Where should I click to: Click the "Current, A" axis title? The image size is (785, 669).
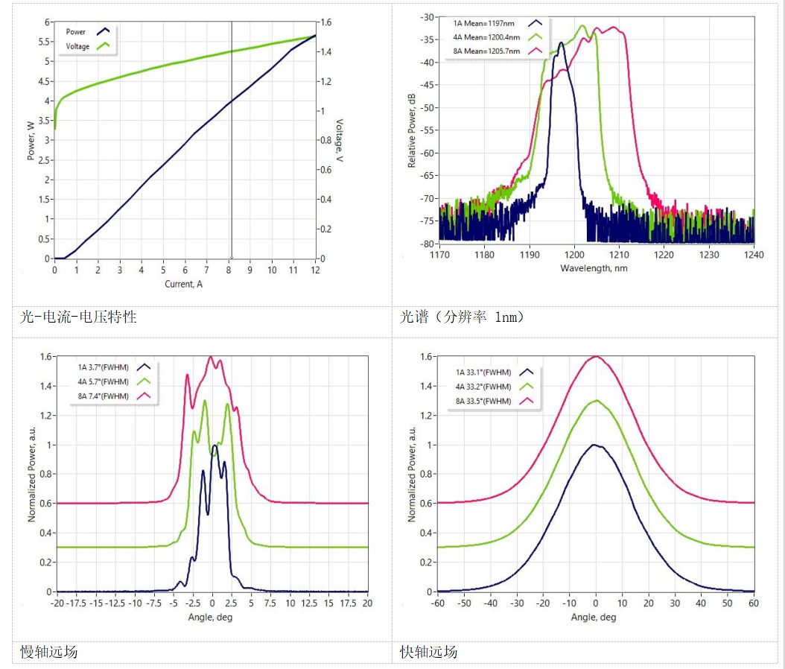click(x=184, y=284)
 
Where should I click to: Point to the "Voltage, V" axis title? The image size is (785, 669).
click(x=339, y=141)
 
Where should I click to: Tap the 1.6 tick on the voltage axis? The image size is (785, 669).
click(x=327, y=22)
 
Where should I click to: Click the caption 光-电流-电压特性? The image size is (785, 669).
click(x=78, y=317)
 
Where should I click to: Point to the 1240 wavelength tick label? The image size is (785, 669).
click(x=754, y=255)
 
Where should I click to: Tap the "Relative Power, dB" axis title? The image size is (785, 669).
click(x=412, y=130)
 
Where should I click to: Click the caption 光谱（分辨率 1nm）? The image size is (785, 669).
click(x=463, y=317)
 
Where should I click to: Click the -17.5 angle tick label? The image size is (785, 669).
click(x=77, y=603)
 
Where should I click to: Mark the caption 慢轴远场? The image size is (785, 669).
click(x=48, y=653)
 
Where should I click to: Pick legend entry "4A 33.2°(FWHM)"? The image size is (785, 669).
click(x=483, y=387)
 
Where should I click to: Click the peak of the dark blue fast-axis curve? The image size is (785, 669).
click(x=595, y=445)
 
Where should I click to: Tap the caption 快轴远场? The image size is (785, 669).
click(x=428, y=653)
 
